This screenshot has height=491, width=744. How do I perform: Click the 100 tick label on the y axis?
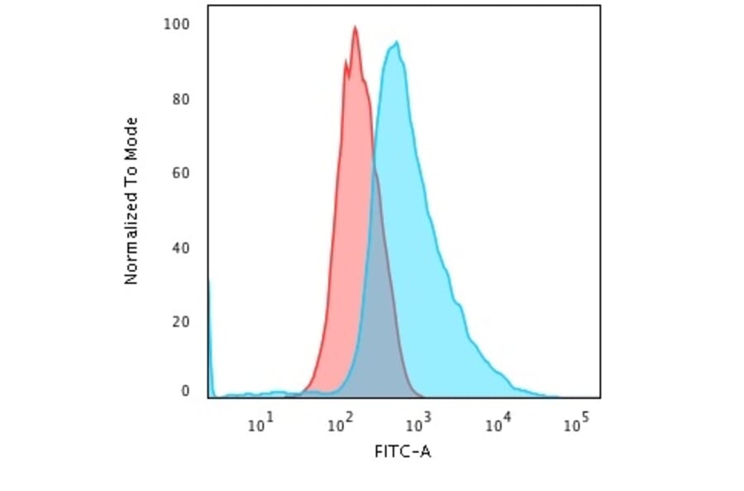tap(177, 24)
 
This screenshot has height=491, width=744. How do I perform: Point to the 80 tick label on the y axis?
tap(180, 99)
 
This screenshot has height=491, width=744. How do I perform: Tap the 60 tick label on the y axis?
tap(180, 174)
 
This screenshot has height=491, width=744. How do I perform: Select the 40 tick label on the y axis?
tap(180, 248)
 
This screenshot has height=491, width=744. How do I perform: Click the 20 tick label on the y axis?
tap(180, 321)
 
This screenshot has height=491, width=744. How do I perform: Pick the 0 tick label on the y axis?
tap(184, 391)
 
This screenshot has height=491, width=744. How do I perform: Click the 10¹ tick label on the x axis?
tap(260, 425)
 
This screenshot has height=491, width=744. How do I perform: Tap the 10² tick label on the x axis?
tap(338, 425)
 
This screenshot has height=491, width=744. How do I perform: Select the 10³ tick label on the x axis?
tap(417, 425)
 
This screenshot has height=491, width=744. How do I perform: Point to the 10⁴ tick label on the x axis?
tap(496, 425)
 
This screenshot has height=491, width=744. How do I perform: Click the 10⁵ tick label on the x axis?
tap(575, 425)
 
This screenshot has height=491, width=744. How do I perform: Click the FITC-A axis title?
tap(403, 452)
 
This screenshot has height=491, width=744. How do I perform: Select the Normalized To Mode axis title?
tap(131, 202)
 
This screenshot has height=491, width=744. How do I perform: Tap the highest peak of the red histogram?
tap(355, 27)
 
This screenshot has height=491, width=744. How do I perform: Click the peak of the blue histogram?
tap(398, 42)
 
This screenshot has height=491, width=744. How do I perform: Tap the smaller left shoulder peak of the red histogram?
tap(346, 61)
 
